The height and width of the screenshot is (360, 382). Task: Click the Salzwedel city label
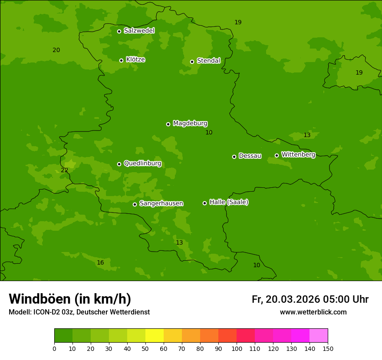pyautogui.click(x=139, y=31)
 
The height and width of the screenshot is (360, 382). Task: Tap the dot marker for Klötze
pyautogui.click(x=121, y=60)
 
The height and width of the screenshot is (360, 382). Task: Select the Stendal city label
pyautogui.click(x=208, y=61)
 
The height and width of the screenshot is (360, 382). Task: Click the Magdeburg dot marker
pyautogui.click(x=168, y=124)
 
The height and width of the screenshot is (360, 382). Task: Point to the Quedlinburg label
pyautogui.click(x=142, y=164)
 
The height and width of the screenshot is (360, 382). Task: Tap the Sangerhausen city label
pyautogui.click(x=161, y=203)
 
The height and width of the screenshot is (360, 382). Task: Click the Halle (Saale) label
pyautogui.click(x=229, y=202)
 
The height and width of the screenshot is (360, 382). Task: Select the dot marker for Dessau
pyautogui.click(x=234, y=157)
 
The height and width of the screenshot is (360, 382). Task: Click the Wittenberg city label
pyautogui.click(x=298, y=154)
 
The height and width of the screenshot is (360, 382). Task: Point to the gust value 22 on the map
pyautogui.click(x=64, y=170)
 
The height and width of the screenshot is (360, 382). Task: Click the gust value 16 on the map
pyautogui.click(x=100, y=262)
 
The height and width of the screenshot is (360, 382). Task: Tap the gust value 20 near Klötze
pyautogui.click(x=56, y=50)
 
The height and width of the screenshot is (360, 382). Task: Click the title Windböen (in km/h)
pyautogui.click(x=70, y=299)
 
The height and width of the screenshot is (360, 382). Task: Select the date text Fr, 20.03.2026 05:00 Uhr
pyautogui.click(x=310, y=299)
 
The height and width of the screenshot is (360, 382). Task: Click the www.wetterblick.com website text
pyautogui.click(x=313, y=312)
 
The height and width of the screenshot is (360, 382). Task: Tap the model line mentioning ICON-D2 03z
pyautogui.click(x=79, y=312)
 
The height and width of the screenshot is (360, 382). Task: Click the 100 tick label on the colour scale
pyautogui.click(x=237, y=348)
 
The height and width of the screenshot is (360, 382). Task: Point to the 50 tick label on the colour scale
pyautogui.click(x=145, y=348)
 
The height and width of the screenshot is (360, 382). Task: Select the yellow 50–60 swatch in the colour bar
pyautogui.click(x=155, y=336)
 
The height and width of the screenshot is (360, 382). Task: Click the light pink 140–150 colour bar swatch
pyautogui.click(x=319, y=336)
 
